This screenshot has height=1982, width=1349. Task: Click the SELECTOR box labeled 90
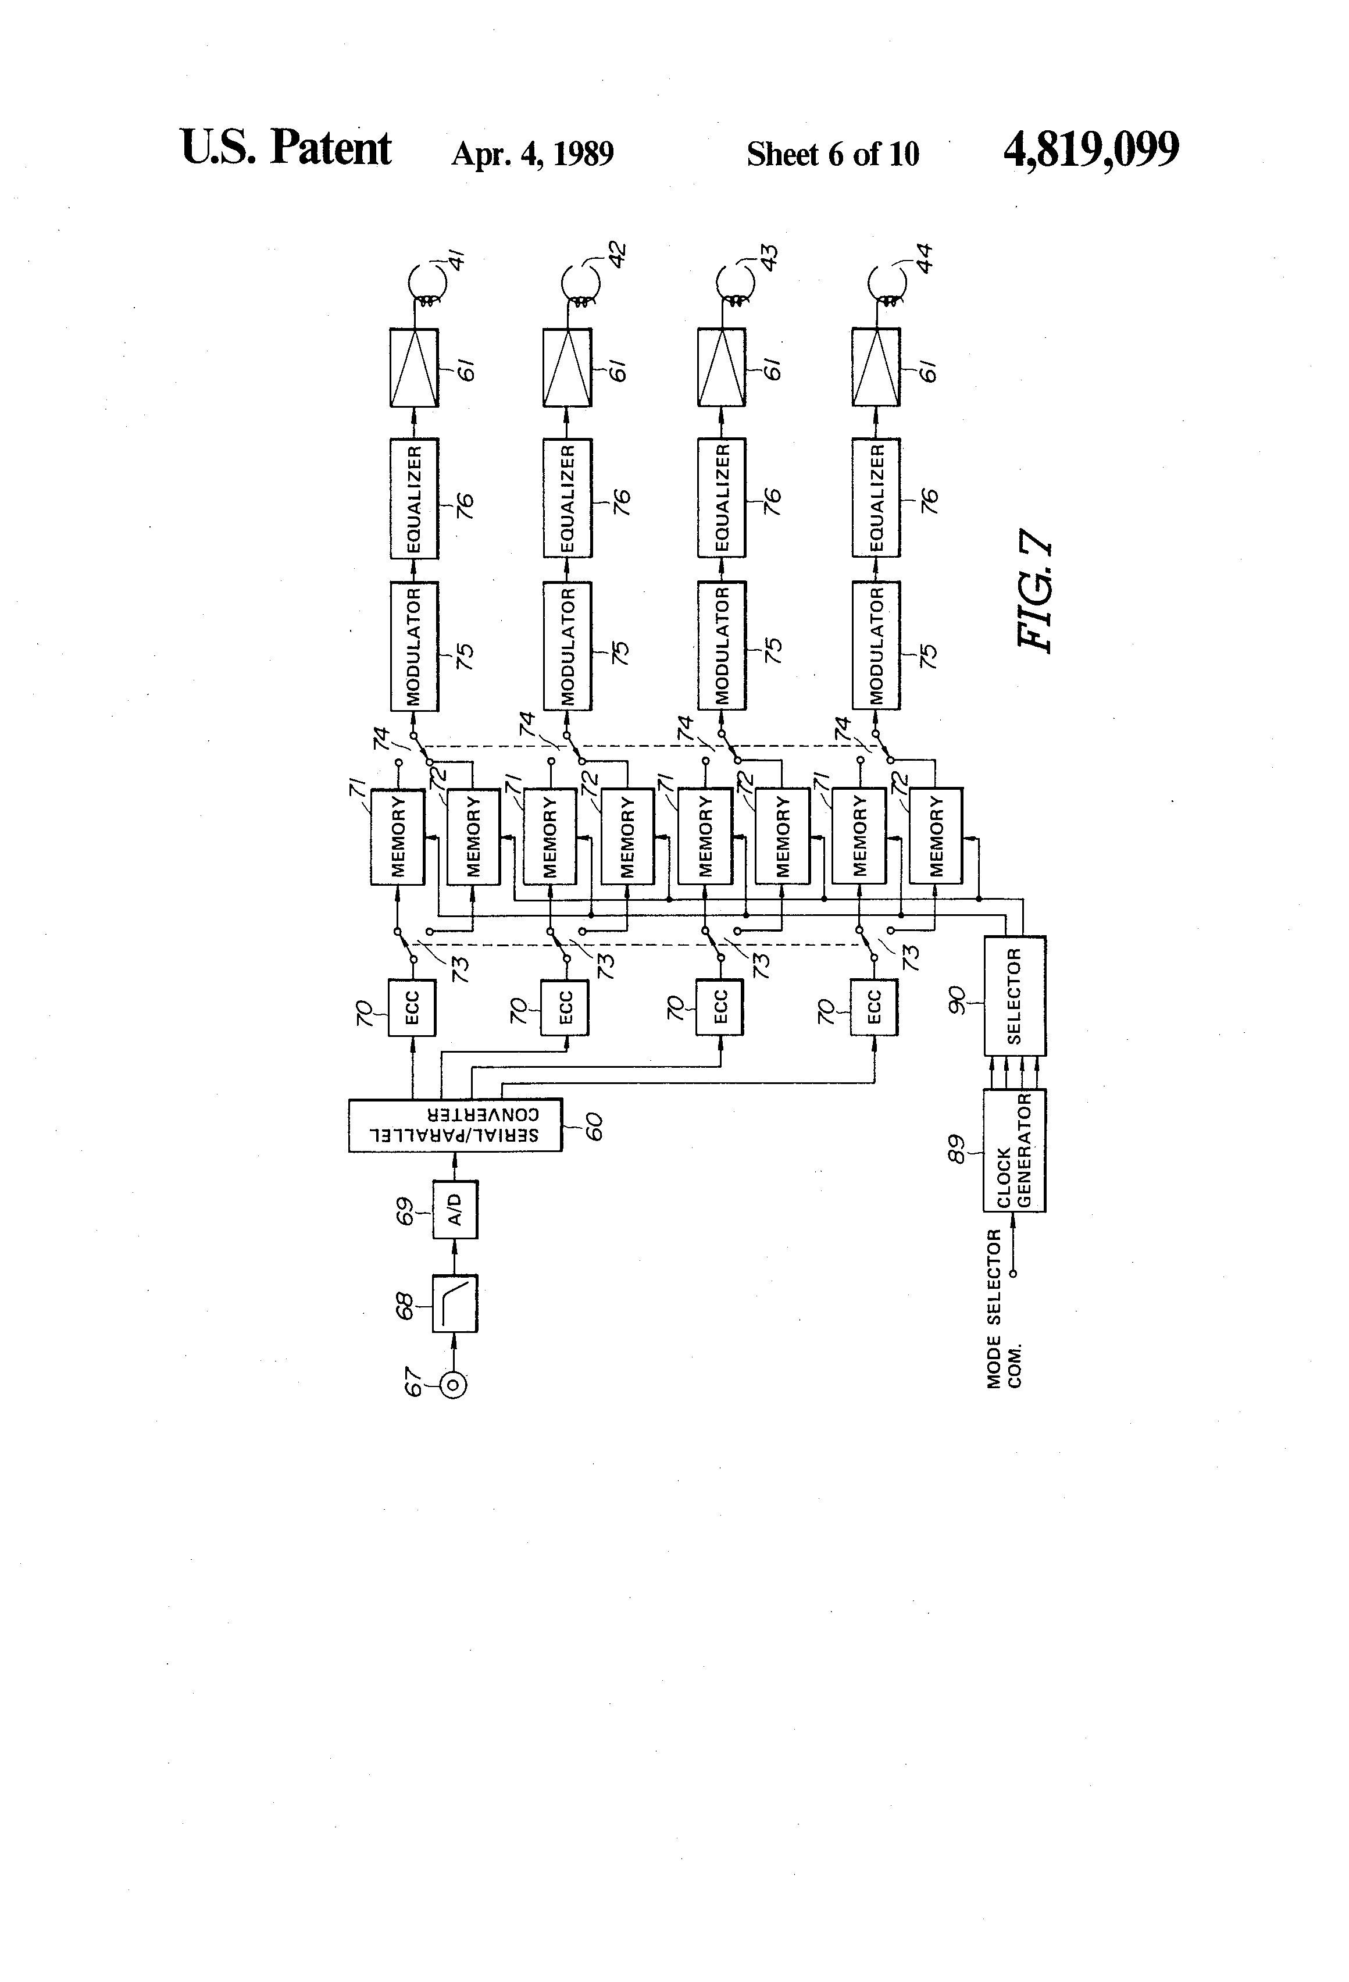[x=1015, y=995]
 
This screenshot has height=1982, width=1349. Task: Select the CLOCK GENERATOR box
[x=1015, y=1150]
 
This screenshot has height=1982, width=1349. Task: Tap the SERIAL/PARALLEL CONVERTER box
[x=455, y=1125]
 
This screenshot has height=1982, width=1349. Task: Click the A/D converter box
[x=455, y=1209]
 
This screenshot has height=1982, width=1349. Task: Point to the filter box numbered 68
[x=455, y=1302]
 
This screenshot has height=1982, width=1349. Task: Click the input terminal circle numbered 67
[x=454, y=1385]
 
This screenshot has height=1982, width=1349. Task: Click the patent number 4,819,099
[x=1091, y=150]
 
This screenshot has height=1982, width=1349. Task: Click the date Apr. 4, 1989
[x=533, y=154]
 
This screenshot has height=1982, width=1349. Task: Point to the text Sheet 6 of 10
[x=833, y=154]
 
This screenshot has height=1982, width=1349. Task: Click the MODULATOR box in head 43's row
[x=722, y=646]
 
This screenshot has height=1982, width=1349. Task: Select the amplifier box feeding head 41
[x=415, y=368]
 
